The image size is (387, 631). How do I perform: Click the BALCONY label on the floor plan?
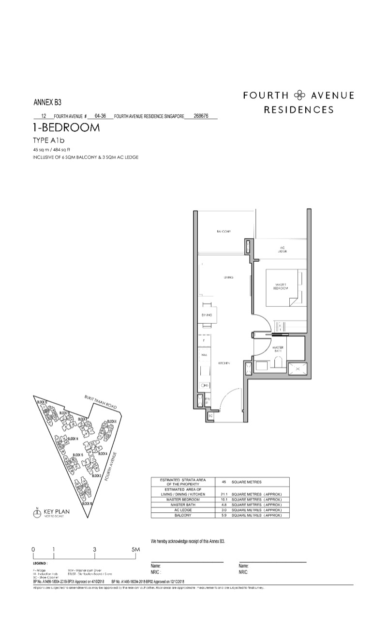click(223, 232)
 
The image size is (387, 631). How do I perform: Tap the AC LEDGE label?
click(283, 250)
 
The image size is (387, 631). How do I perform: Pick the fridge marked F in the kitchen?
click(204, 341)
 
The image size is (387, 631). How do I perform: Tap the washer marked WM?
click(204, 355)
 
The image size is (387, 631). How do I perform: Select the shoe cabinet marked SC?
click(210, 416)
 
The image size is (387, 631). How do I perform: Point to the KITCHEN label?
click(223, 363)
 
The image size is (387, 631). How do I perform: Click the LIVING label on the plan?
click(229, 278)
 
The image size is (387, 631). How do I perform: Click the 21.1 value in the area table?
click(224, 494)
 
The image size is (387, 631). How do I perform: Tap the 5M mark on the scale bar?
click(135, 549)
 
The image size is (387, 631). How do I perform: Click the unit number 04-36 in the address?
click(101, 116)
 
